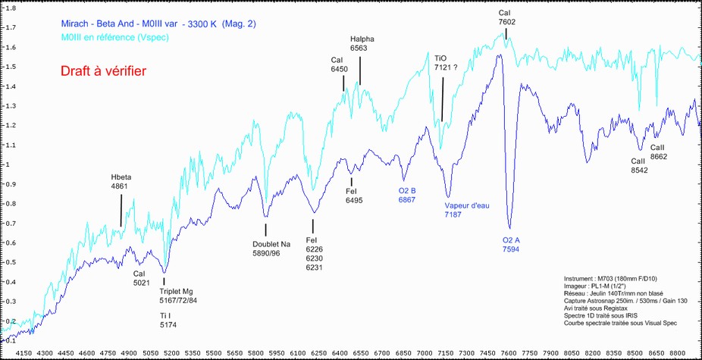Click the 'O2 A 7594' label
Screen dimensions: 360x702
click(511, 244)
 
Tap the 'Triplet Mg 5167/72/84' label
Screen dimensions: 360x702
click(177, 296)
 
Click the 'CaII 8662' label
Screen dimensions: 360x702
click(658, 152)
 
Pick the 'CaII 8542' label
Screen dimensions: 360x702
click(640, 166)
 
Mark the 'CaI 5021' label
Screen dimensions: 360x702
click(143, 278)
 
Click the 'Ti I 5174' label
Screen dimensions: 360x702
click(168, 320)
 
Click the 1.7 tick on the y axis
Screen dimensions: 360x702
click(11, 28)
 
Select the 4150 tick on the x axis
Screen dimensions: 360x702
click(24, 352)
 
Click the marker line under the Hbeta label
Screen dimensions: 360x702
click(121, 208)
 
